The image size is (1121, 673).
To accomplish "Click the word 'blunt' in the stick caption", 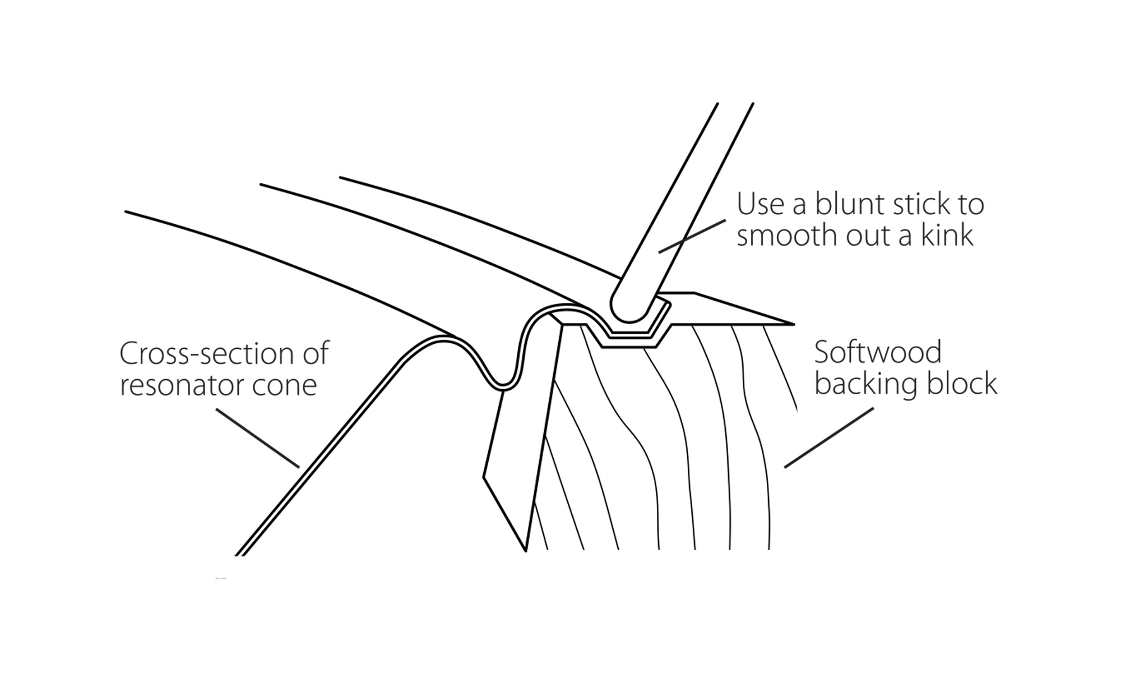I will point(845,204).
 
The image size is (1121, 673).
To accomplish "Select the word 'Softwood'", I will point(878,353).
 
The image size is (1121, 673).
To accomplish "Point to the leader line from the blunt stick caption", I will point(692,236).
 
